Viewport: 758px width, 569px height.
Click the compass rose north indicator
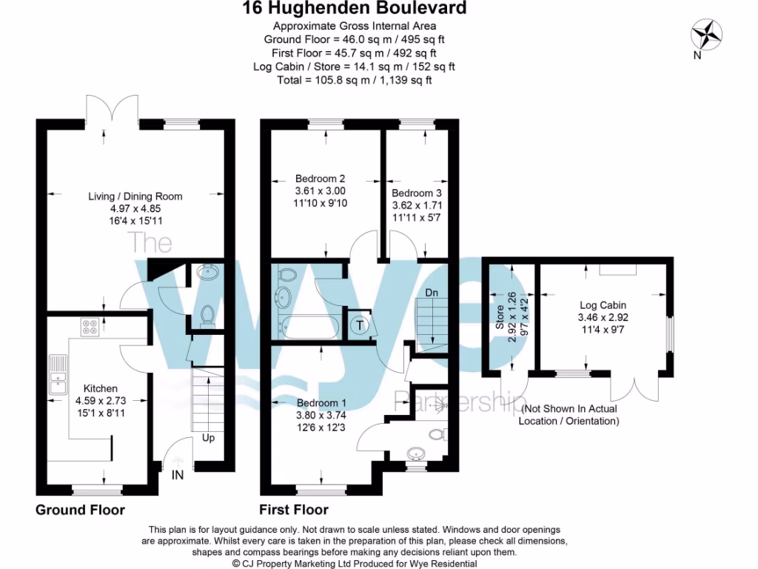707,36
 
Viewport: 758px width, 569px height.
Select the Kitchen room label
100,388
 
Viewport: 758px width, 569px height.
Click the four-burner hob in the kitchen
90,327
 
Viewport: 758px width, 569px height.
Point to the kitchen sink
58,374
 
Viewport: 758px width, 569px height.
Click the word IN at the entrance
178,475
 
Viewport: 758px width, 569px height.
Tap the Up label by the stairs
209,439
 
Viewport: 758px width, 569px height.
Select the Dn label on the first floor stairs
432,293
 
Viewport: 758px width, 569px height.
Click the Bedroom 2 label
321,178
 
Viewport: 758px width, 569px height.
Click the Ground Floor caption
80,510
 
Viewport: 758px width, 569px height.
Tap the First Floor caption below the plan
293,510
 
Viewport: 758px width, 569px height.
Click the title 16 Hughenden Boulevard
355,9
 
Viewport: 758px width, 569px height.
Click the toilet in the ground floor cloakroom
208,315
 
